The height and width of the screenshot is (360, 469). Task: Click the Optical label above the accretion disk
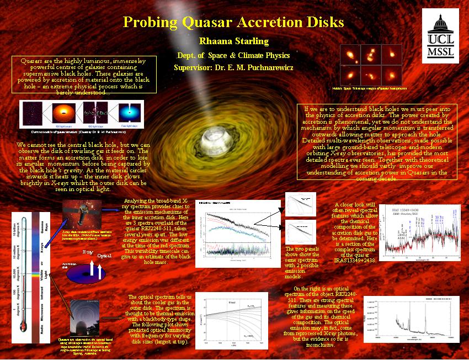104,256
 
